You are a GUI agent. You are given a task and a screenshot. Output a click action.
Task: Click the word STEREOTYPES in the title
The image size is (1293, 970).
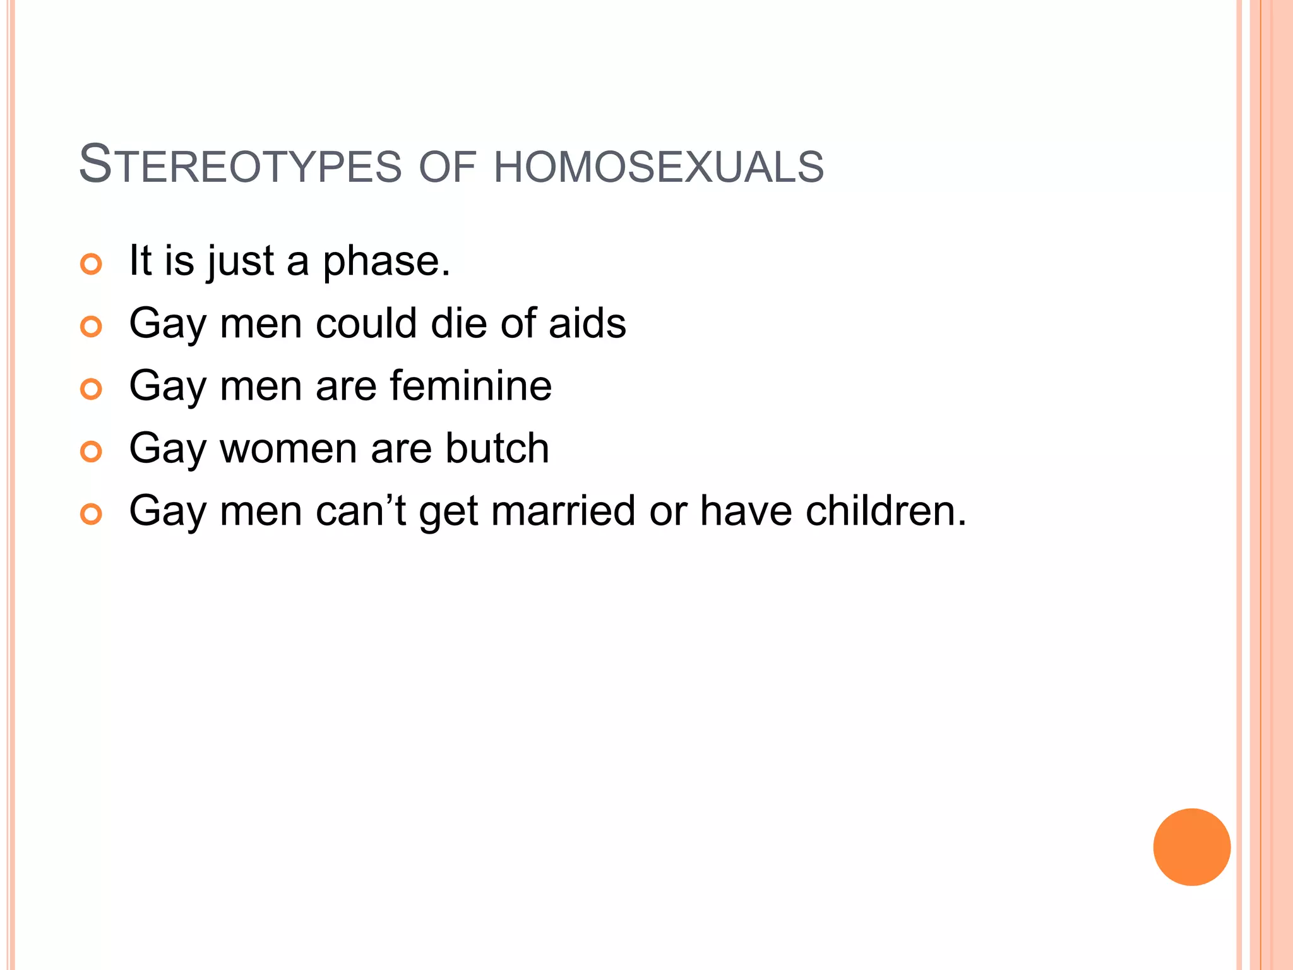coord(240,165)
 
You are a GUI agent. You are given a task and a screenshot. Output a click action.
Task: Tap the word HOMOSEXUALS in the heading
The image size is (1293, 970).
coord(658,167)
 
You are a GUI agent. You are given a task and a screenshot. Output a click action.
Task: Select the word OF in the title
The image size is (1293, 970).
coord(447,167)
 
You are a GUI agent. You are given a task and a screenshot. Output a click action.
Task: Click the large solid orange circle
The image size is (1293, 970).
coord(1191,847)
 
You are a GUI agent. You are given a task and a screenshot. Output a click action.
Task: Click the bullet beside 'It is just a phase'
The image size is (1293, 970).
coord(92,264)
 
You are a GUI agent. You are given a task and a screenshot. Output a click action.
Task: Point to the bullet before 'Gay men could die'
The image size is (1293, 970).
coord(92,326)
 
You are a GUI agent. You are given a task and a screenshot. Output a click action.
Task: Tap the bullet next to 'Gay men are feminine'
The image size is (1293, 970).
coord(92,389)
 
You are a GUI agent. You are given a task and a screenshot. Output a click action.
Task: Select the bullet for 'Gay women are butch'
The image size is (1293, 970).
coord(92,452)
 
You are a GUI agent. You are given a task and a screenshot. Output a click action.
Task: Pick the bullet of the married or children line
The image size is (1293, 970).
coord(92,514)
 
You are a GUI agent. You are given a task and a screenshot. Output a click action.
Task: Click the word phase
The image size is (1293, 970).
coord(386,261)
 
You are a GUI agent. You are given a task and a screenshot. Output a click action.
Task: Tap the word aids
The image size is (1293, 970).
coord(587,323)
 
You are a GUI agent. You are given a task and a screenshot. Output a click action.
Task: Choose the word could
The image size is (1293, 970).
coord(367,323)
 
